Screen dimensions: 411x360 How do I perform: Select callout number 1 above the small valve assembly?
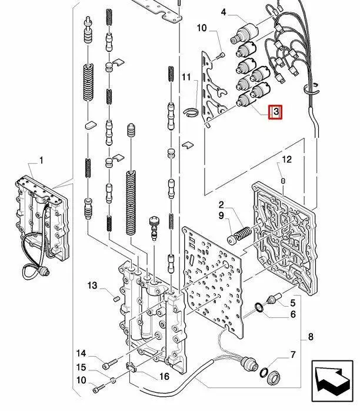coord(42,160)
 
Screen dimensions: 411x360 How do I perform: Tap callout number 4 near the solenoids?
coord(223,12)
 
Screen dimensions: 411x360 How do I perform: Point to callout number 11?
coord(186,77)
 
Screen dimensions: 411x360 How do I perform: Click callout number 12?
coord(286,160)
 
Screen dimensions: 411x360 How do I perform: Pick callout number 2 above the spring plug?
coord(221,204)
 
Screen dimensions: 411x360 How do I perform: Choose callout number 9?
coord(221,217)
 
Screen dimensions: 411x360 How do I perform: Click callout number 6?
coord(292,314)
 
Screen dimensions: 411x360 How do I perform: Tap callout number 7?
coord(292,354)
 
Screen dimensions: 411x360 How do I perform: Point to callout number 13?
coord(92,286)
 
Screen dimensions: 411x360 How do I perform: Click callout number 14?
coord(82,353)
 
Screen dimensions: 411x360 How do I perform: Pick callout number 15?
coord(82,367)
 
